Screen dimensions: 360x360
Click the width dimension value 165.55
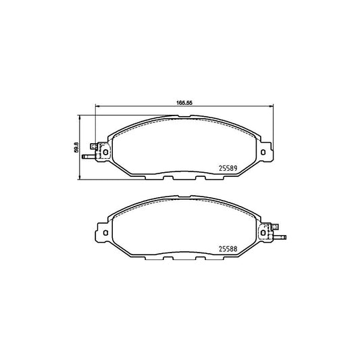point(184,103)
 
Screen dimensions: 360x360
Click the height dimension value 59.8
point(77,147)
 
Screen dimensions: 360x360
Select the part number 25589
point(228,169)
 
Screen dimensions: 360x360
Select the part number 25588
point(228,249)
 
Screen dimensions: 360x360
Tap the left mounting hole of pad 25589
point(106,152)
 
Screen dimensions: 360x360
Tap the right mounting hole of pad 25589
point(263,152)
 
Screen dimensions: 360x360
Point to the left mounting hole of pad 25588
point(105,233)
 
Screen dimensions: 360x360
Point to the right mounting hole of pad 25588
point(263,233)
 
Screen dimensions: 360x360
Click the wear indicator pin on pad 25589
point(89,157)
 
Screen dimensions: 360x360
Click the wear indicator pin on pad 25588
point(280,237)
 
